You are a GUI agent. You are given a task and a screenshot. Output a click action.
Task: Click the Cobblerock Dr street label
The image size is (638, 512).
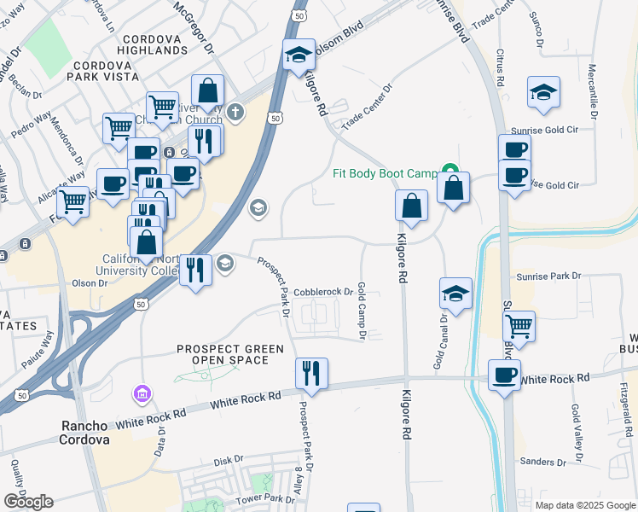pyautogui.click(x=323, y=293)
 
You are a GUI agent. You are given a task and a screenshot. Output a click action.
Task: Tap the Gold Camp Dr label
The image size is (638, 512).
pyautogui.click(x=362, y=311)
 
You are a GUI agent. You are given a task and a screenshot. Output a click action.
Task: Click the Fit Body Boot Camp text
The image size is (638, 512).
pyautogui.click(x=384, y=173)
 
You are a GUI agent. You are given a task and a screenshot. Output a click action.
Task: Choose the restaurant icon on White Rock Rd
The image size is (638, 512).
pyautogui.click(x=311, y=374)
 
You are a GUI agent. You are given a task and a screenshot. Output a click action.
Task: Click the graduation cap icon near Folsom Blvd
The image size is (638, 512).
pyautogui.click(x=299, y=55)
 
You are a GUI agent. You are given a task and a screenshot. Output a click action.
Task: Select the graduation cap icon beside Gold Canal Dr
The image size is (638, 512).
pyautogui.click(x=456, y=294)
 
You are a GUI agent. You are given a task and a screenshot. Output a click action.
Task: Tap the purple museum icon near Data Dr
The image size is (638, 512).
pyautogui.click(x=140, y=394)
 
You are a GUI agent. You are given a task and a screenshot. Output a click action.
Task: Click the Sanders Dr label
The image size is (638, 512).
pyautogui.click(x=538, y=462)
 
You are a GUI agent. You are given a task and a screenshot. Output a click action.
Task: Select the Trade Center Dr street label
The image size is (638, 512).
pyautogui.click(x=367, y=106)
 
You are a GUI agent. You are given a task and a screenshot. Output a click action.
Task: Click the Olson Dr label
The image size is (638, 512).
pyautogui.click(x=90, y=282)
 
